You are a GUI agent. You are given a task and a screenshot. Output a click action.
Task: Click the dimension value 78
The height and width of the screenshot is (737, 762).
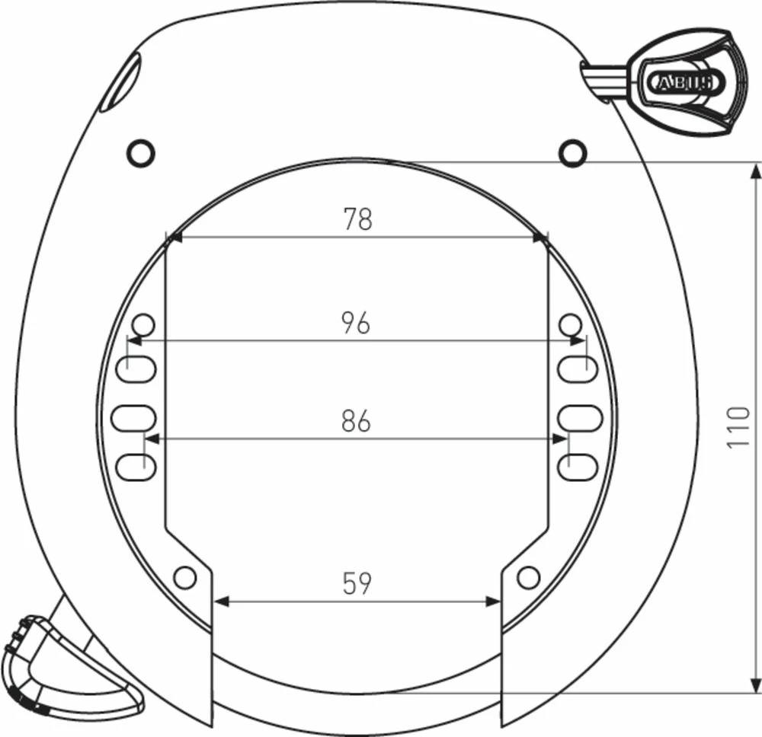pos(357,219)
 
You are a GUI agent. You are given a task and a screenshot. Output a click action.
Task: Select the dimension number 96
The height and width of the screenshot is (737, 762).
pos(356,323)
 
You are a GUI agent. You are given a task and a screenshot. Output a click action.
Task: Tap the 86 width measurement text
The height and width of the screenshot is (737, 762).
pos(356,421)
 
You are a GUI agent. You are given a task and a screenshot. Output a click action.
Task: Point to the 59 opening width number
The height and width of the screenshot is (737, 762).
pos(356,584)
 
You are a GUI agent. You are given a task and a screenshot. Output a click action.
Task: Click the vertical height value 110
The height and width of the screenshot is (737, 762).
pos(738,427)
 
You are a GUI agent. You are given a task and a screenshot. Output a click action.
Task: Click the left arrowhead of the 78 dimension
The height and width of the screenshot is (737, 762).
pos(174,238)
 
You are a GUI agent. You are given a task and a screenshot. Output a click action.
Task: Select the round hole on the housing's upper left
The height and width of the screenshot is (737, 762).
pos(140,154)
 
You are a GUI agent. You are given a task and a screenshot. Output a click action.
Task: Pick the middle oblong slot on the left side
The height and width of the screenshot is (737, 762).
pos(133,417)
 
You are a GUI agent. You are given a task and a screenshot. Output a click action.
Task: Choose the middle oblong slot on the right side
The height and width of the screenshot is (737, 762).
pos(579,417)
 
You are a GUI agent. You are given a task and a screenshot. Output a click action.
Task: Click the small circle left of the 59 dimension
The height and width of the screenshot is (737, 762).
pos(184,577)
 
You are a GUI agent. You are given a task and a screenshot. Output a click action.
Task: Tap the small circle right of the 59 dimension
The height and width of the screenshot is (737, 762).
pos(528,577)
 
